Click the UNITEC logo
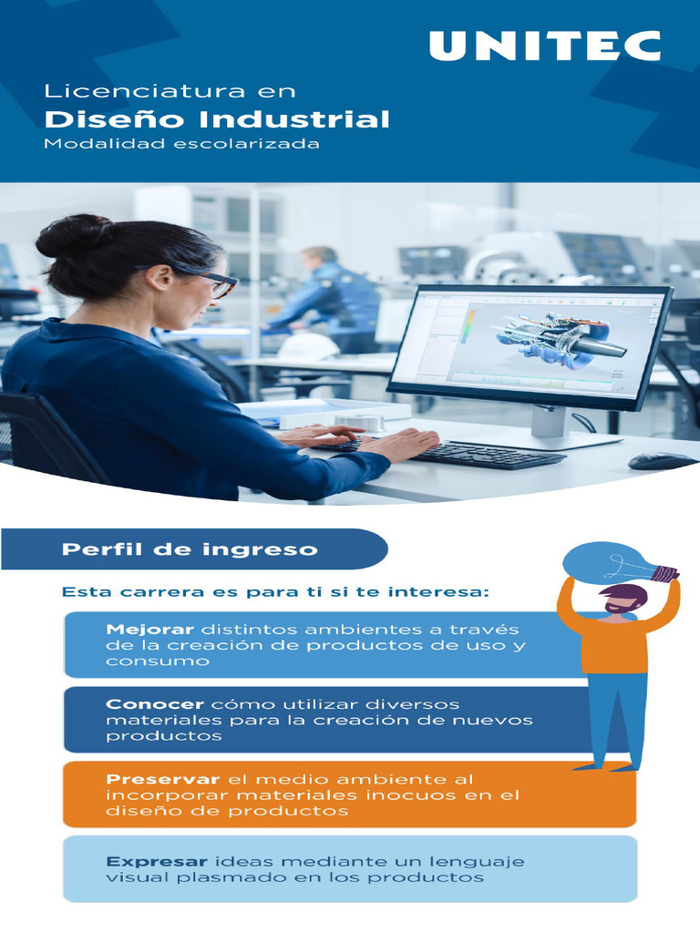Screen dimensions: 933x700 pos(544,46)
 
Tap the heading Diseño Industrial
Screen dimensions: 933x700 pos(218,119)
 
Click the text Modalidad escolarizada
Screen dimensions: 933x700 pos(182,144)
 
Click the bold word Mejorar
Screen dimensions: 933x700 pos(149,630)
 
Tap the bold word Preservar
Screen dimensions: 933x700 pos(162,779)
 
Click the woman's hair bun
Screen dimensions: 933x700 pos(64,235)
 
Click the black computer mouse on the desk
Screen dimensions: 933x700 pos(663,461)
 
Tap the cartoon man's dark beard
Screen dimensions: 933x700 pos(620,607)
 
